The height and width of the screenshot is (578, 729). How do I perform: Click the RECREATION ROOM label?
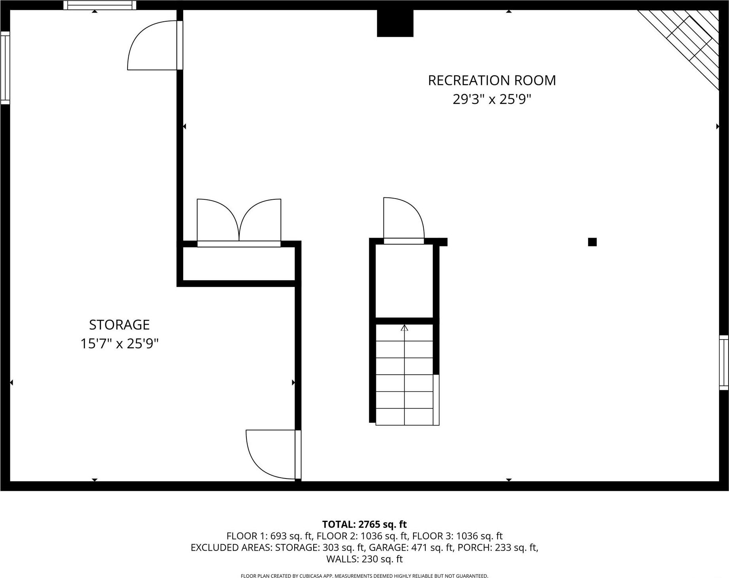point(492,81)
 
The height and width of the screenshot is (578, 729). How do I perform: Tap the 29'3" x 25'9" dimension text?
point(492,99)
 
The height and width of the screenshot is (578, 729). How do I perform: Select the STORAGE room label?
point(119,325)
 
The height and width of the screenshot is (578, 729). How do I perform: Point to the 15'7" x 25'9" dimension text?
point(119,344)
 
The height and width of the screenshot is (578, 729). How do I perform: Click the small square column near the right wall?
point(592,242)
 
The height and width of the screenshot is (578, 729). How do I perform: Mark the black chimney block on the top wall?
point(395,23)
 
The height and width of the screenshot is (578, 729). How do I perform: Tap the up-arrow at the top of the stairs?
point(404,328)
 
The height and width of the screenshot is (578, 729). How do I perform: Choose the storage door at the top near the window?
point(154,45)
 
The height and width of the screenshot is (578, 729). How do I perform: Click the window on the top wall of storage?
point(100,5)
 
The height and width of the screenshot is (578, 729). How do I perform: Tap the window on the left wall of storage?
point(5,68)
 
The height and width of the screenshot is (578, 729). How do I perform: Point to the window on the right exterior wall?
point(723,362)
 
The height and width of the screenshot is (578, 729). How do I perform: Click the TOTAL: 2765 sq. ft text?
point(364,524)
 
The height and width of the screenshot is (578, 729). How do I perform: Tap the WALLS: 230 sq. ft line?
point(364,559)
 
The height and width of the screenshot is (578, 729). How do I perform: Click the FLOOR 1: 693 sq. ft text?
point(269,536)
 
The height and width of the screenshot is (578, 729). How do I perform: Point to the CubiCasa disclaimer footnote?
point(364,576)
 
